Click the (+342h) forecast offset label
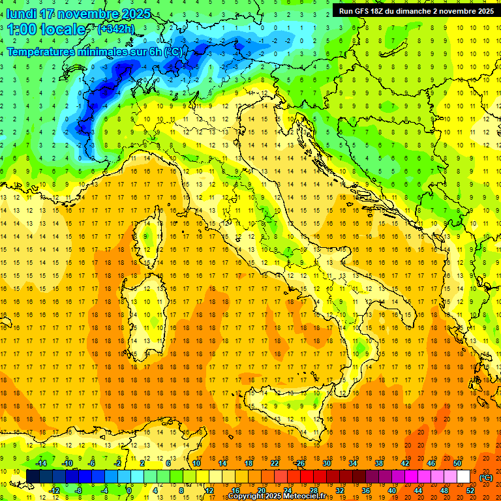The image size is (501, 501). (115, 29)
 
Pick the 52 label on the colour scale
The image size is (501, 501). (470, 491)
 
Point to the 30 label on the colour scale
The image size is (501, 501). (326, 463)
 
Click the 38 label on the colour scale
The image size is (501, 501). (378, 463)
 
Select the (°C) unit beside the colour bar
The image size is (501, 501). (485, 477)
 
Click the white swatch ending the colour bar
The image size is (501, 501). (463, 477)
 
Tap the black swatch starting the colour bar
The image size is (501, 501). (33, 477)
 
